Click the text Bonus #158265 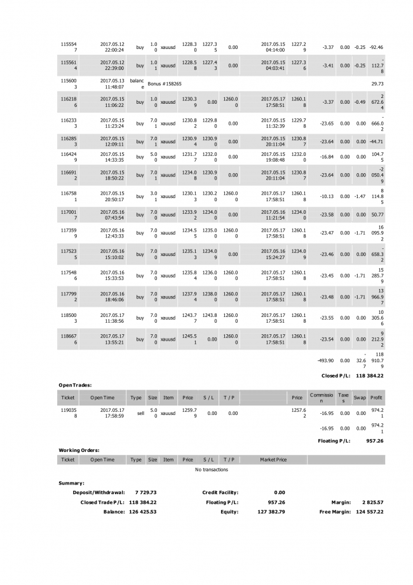(165, 83)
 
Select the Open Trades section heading (76, 385)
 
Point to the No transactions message (212, 470)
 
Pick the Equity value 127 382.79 (271, 512)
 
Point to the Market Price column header (273, 459)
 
